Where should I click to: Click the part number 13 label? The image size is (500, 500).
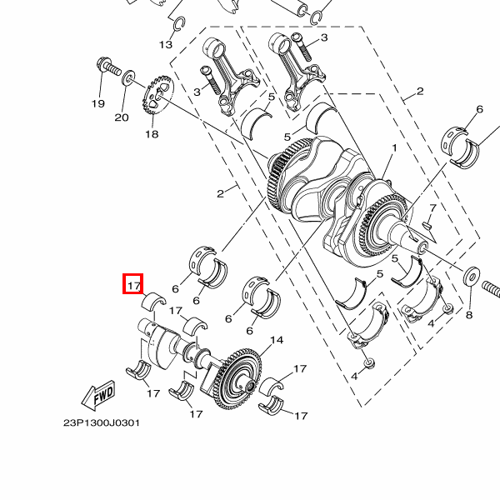166,43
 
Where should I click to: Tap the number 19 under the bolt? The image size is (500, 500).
98,104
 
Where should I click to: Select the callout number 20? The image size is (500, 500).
122,117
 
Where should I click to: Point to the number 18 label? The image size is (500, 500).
151,133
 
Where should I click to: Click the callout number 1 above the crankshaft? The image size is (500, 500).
394,147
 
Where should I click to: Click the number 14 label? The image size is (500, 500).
277,340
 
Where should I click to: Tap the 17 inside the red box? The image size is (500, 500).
133,285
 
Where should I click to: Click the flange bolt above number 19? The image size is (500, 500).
106,65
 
